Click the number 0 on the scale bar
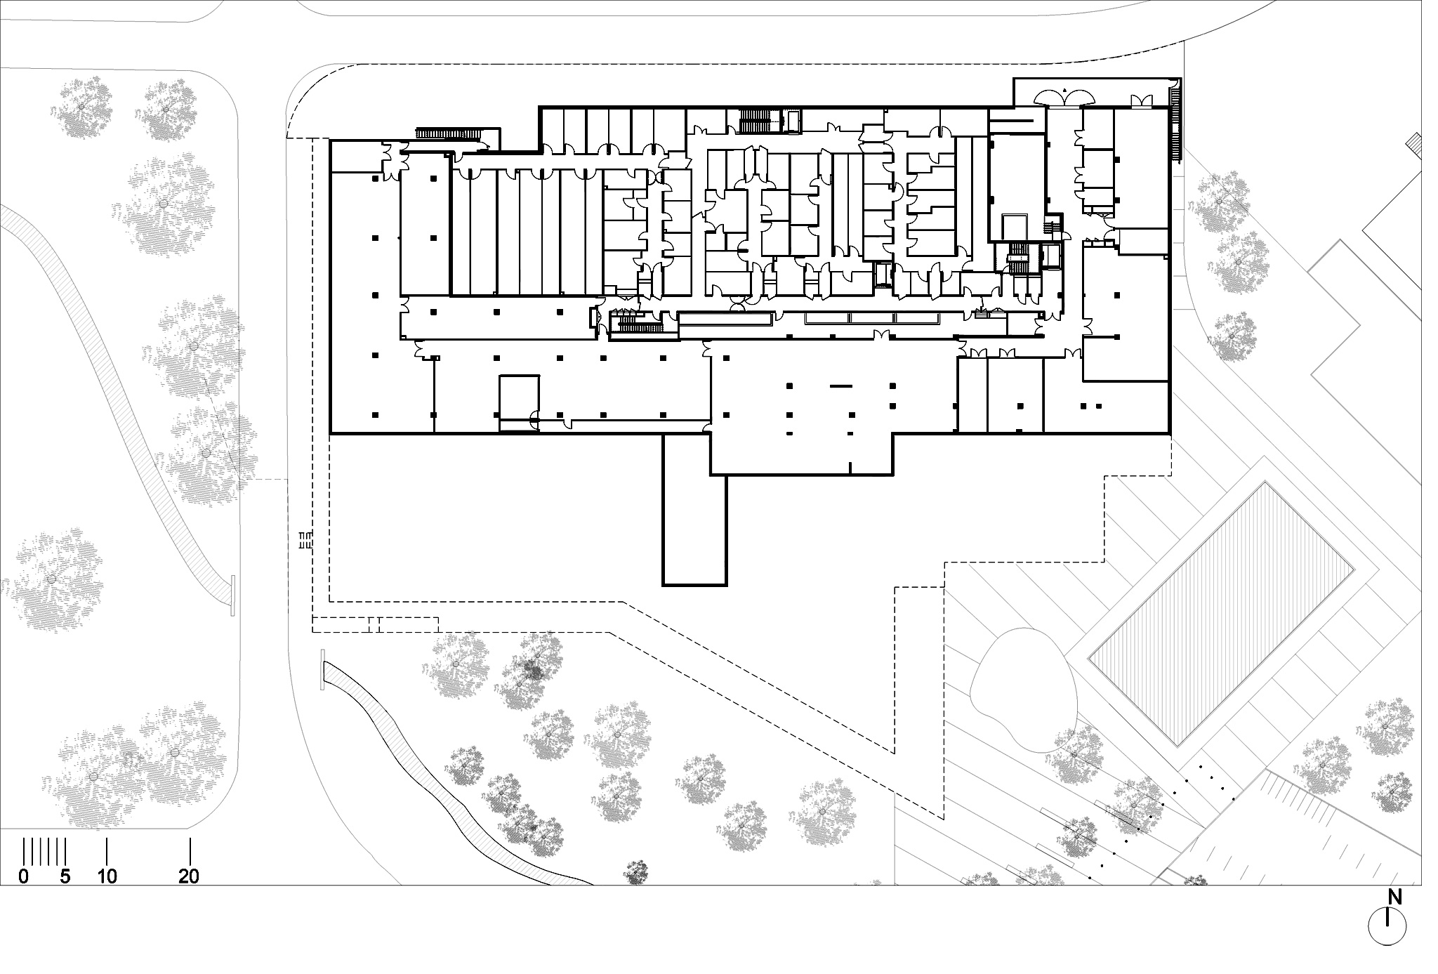click(x=24, y=876)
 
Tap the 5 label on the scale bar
click(x=65, y=876)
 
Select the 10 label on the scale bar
click(x=107, y=876)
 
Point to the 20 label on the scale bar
click(x=190, y=876)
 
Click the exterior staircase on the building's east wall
click(x=1176, y=124)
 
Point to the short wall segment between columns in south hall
click(x=840, y=386)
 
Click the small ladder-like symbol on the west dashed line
click(x=305, y=540)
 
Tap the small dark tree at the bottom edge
click(x=637, y=872)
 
